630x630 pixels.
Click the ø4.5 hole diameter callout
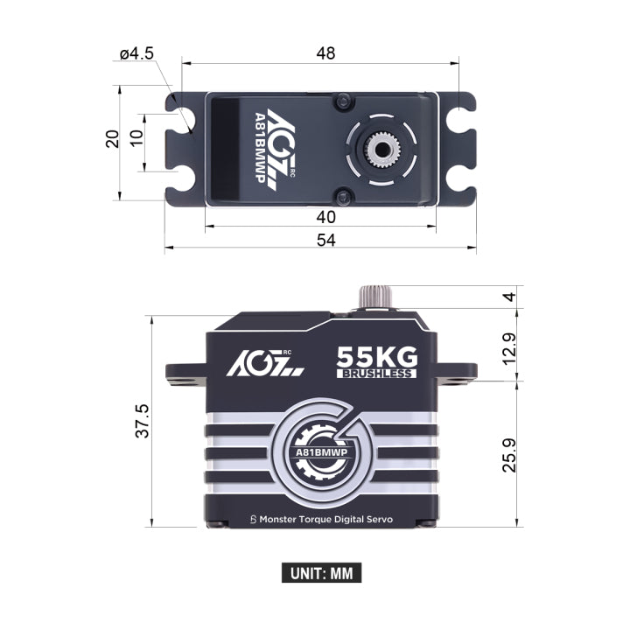pyautogui.click(x=136, y=53)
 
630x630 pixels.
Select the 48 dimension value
pyautogui.click(x=325, y=53)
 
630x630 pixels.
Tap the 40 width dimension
pyautogui.click(x=325, y=217)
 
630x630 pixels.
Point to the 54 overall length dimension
pyautogui.click(x=325, y=240)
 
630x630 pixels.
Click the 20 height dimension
pyautogui.click(x=113, y=139)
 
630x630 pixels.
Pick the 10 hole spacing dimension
pyautogui.click(x=136, y=138)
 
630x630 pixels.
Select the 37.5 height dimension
pyautogui.click(x=143, y=421)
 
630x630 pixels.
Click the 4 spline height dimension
pyautogui.click(x=509, y=297)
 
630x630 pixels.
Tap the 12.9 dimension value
pyautogui.click(x=509, y=349)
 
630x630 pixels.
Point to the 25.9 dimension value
pyautogui.click(x=509, y=455)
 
